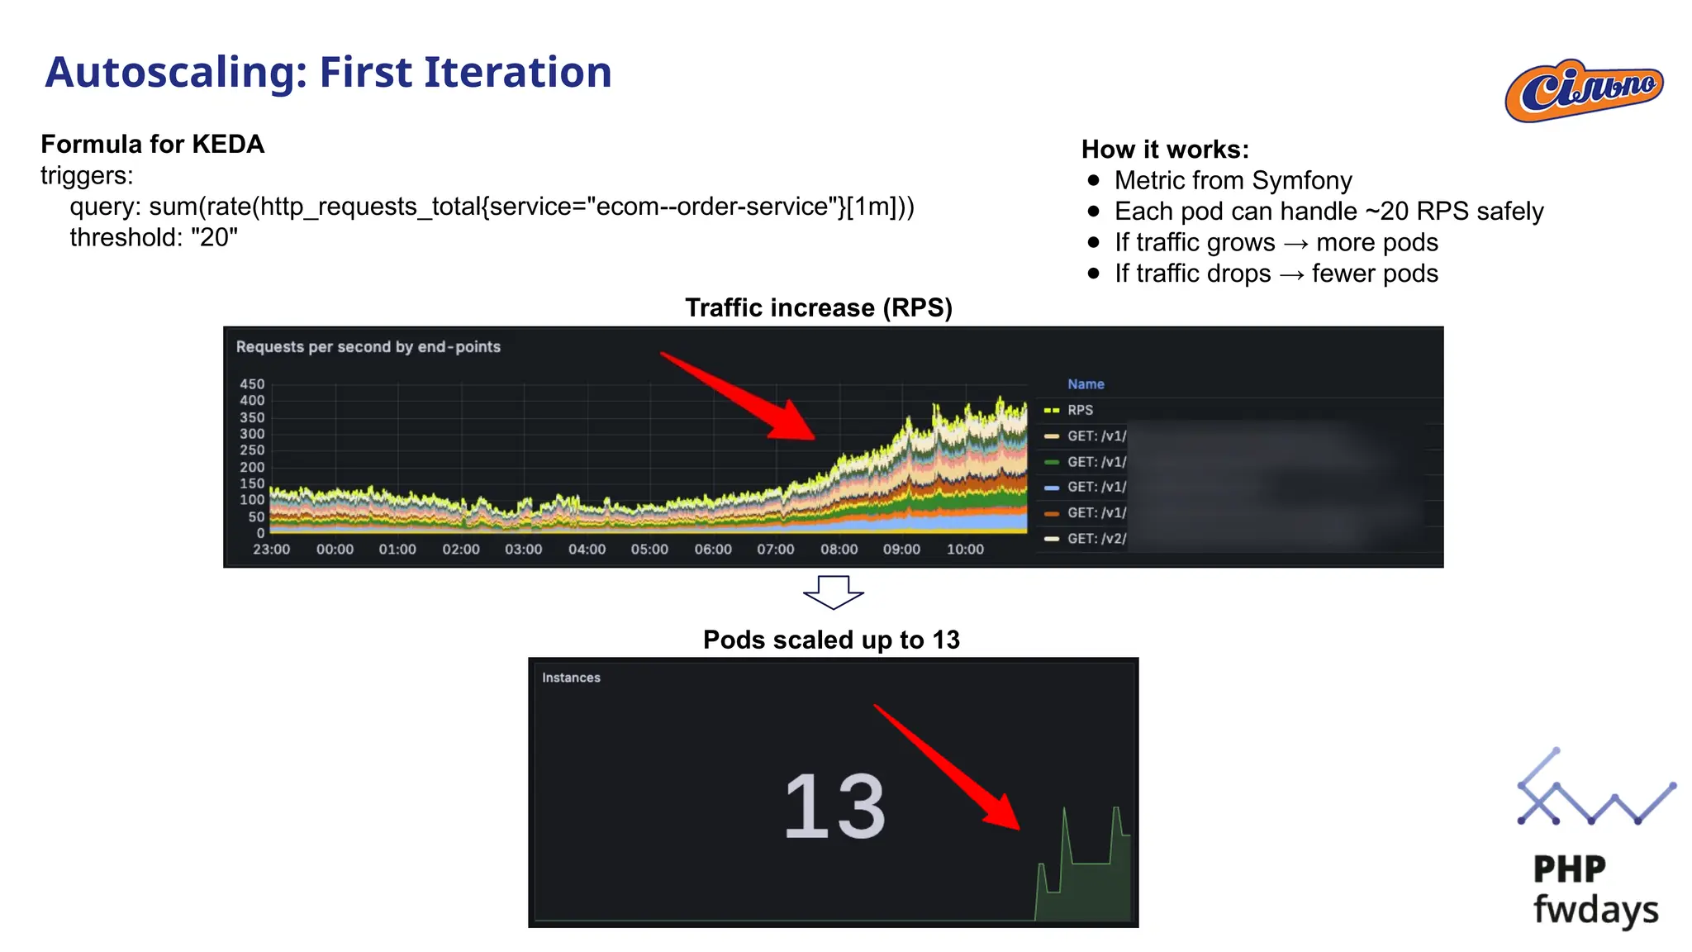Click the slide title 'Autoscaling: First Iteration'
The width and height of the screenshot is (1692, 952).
[328, 73]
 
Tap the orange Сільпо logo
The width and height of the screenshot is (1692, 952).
[1584, 90]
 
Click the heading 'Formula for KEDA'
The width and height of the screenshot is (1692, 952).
[153, 145]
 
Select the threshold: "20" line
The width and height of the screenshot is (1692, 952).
[154, 238]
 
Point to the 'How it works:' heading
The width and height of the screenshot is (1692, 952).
[1165, 150]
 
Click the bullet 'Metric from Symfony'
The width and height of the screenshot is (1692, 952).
[1233, 181]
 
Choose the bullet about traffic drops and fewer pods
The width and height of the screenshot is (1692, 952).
[1276, 274]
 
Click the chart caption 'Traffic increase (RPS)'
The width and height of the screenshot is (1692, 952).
[819, 308]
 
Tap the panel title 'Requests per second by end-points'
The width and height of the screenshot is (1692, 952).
[368, 347]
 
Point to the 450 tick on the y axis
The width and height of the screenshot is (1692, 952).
[252, 384]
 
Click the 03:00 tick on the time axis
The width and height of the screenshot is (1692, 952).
[524, 550]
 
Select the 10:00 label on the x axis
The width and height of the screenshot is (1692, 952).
[965, 550]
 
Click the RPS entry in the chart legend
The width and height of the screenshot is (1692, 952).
[1080, 410]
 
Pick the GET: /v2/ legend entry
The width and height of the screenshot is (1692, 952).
[1096, 539]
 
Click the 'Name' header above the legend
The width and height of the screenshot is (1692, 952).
[1086, 384]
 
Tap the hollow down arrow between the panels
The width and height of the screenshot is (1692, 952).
[833, 592]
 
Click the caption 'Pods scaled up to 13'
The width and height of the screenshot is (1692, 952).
[831, 640]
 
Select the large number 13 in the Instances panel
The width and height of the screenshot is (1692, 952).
[834, 807]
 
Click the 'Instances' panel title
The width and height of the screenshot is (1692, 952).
[571, 678]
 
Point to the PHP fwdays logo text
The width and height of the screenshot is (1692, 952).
[1595, 890]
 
